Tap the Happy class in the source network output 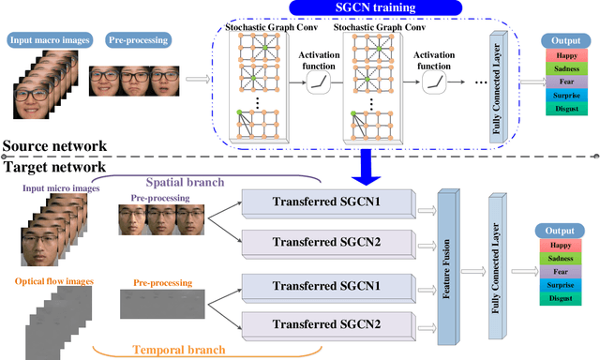pos(564,57)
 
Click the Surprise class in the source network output pos(564,97)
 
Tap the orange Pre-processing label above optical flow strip pos(163,281)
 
